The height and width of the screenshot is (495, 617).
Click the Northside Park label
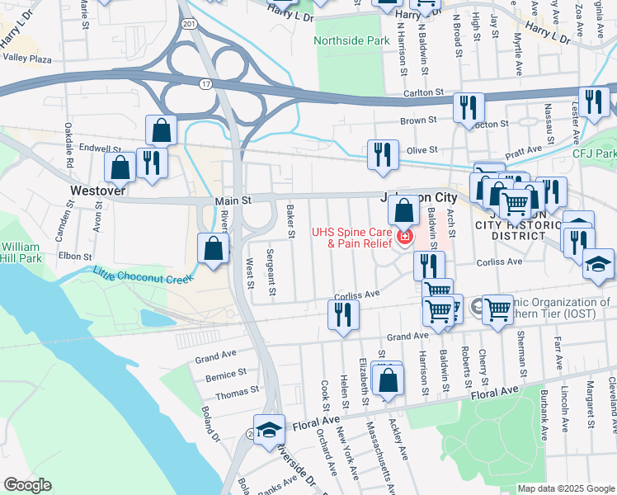351,40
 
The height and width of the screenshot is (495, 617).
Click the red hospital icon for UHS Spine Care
404,238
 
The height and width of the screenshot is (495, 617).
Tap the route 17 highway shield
205,83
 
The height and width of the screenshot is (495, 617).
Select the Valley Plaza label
27,59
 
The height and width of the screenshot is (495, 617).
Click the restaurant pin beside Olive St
383,154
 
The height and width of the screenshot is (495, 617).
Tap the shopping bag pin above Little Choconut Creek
214,247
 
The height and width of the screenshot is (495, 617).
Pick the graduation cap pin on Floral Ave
269,429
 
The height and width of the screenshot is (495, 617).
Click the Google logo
27,485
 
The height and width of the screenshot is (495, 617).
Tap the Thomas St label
243,389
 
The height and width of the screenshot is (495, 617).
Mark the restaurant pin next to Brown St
468,107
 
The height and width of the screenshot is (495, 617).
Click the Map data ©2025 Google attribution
565,488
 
